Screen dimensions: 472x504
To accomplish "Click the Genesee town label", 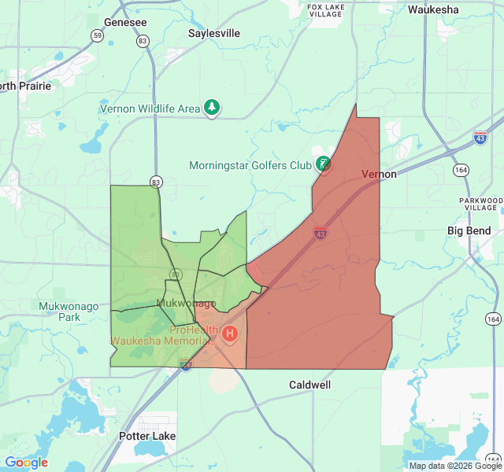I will click(125, 23).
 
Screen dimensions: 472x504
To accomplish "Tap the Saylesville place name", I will click(214, 34).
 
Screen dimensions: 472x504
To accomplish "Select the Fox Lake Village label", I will click(325, 10).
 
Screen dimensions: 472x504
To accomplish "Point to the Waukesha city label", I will click(433, 10).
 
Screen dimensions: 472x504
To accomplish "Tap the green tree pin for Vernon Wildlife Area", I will click(212, 108).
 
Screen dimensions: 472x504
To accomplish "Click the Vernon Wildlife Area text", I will click(150, 109).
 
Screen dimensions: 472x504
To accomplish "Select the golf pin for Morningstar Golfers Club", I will click(323, 164).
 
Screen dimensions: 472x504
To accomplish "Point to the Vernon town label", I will click(379, 174).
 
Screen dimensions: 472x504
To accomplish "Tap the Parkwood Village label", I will click(480, 205).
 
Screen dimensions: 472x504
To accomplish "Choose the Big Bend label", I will click(469, 231).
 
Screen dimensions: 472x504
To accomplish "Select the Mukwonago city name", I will click(186, 304).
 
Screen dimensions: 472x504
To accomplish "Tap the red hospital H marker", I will click(230, 334).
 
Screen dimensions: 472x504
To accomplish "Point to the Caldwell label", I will click(309, 385).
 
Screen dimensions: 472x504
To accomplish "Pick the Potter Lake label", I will click(147, 436).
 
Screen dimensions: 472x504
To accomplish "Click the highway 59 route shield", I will click(97, 35).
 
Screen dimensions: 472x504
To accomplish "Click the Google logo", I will click(27, 463).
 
